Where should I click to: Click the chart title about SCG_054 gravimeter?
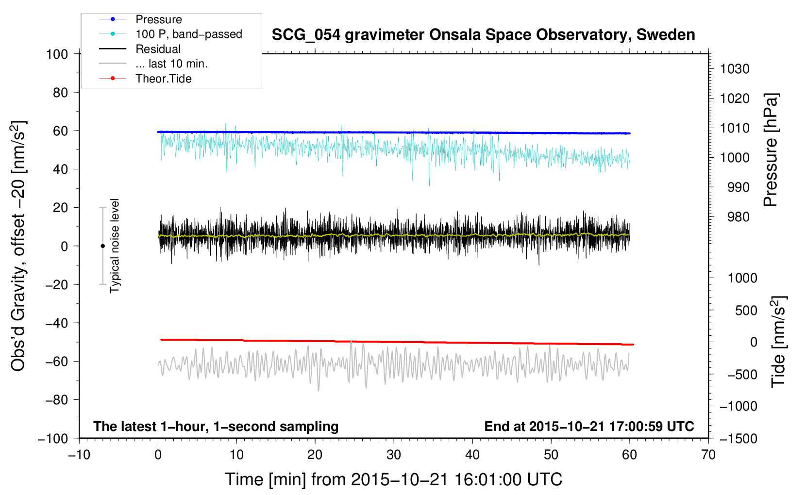(483, 35)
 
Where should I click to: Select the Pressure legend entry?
(158, 19)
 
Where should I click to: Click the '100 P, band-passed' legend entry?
(188, 34)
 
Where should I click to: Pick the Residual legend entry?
(158, 49)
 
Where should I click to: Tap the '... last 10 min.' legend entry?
(171, 64)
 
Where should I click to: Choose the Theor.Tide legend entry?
(163, 79)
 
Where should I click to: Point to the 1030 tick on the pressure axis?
(734, 69)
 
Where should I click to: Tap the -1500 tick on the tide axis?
(738, 439)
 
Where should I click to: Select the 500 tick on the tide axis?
(746, 310)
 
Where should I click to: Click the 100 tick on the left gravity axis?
(57, 54)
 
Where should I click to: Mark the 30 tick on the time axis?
(394, 455)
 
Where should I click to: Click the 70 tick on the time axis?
(708, 455)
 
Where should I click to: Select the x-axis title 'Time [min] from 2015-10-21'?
(393, 479)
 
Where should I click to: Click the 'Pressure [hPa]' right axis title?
(771, 150)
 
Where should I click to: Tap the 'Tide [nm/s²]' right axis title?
(778, 342)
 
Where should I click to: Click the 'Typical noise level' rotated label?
(115, 246)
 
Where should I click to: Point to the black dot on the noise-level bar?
(102, 246)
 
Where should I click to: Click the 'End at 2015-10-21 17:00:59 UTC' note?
(589, 427)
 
